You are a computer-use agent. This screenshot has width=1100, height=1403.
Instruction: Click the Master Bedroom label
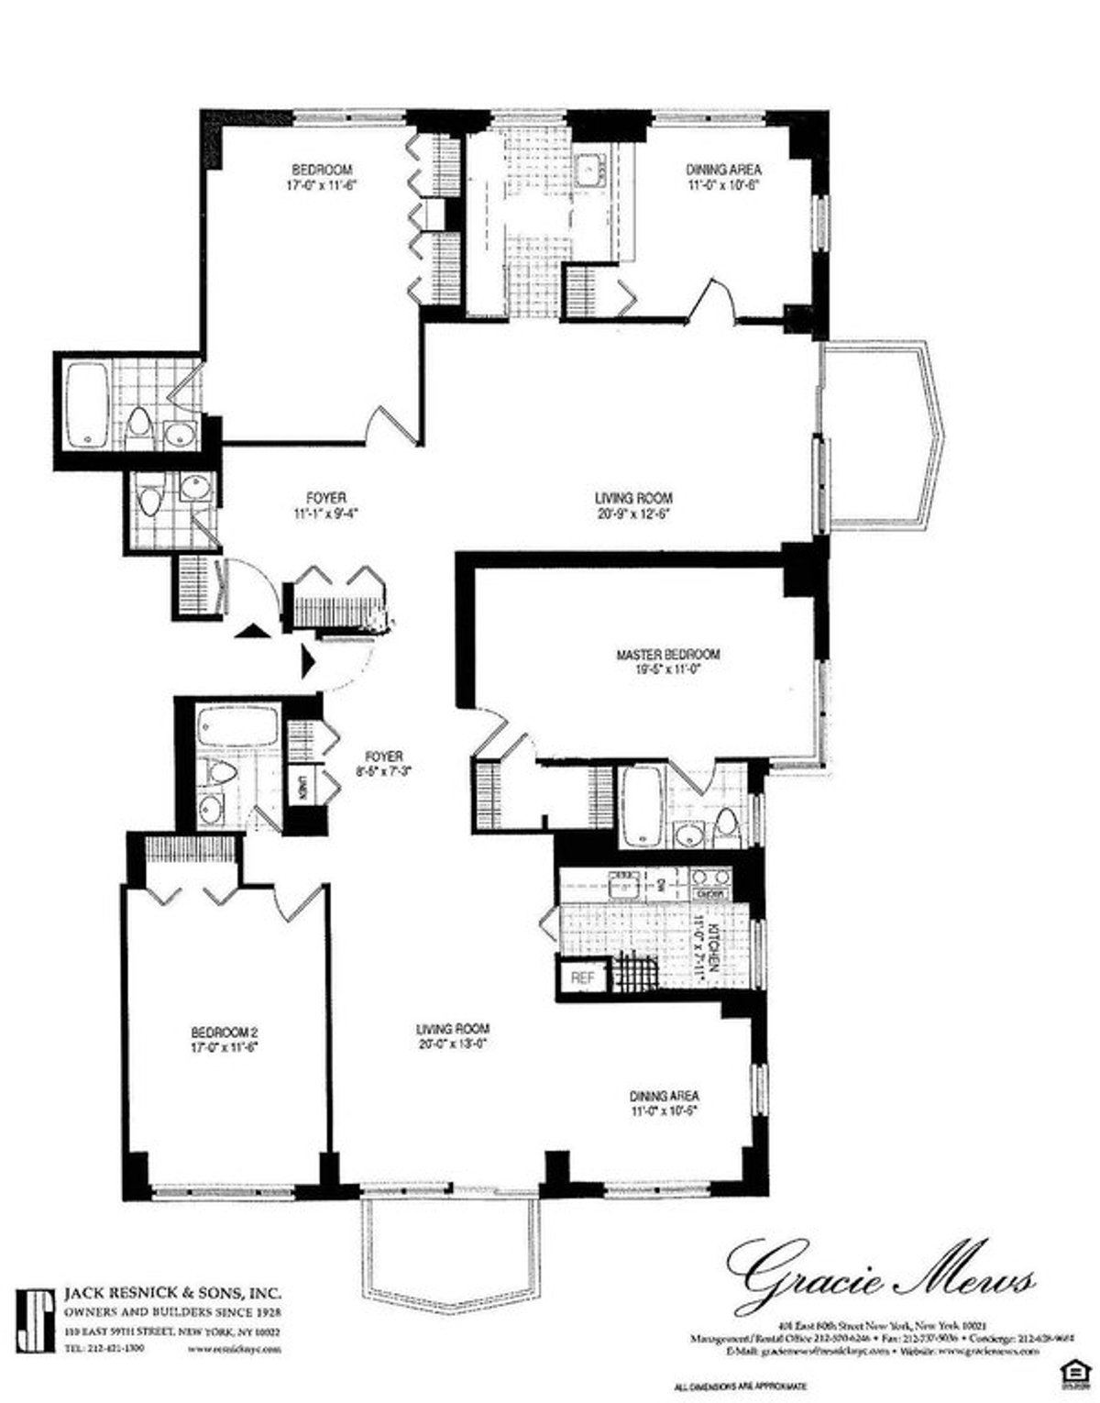coord(667,655)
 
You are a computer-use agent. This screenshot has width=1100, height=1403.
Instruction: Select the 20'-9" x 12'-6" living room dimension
coord(634,514)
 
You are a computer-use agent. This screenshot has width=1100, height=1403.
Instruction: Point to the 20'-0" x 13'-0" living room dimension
coord(452,1043)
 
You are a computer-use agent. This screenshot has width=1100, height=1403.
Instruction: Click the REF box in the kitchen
coord(583,978)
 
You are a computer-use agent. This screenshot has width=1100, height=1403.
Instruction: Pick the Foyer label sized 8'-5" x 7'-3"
coord(384,756)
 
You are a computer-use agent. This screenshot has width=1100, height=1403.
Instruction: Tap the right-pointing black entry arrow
coord(308,659)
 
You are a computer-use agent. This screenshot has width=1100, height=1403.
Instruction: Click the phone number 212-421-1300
coord(104,1348)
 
